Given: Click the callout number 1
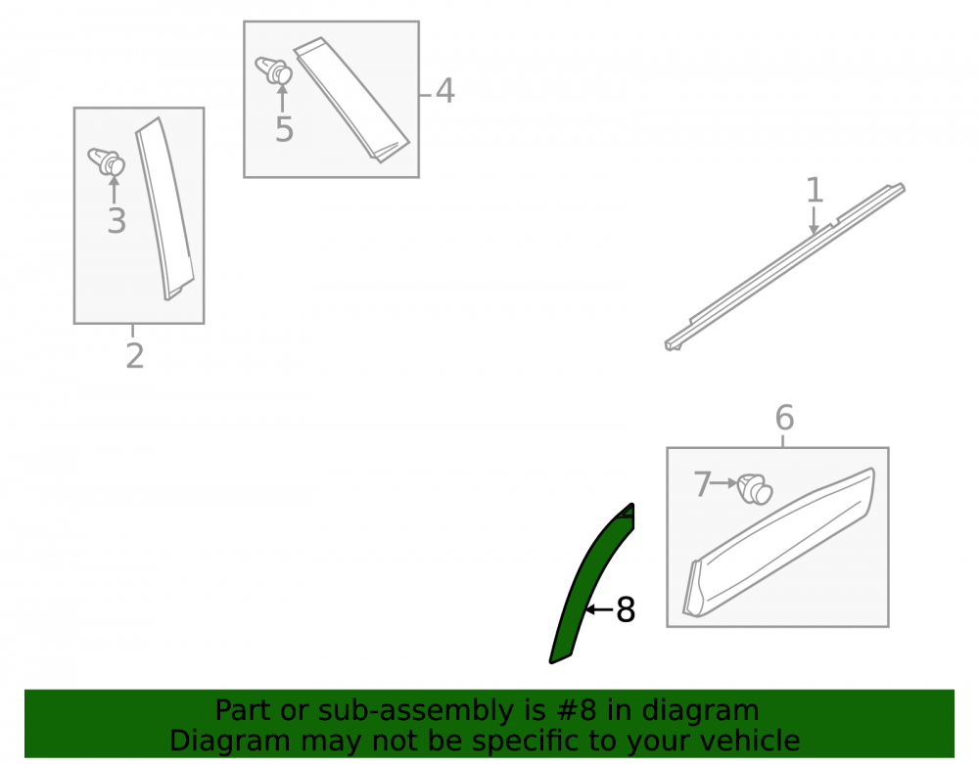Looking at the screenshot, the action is click(x=815, y=190).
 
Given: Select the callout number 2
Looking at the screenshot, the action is click(x=135, y=355).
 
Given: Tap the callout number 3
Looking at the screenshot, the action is click(x=117, y=221).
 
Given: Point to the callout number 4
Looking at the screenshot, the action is click(x=444, y=91).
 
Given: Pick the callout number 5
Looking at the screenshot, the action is click(x=284, y=130).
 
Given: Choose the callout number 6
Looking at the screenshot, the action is click(x=785, y=418).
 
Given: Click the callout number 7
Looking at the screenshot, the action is click(x=702, y=483).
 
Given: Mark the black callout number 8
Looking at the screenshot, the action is click(x=626, y=610).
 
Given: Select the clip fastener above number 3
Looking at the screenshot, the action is click(x=107, y=160).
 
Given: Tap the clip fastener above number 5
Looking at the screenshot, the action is click(x=274, y=69).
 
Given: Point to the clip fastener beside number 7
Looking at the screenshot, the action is click(x=755, y=489).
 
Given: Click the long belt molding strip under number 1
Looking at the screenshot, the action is click(x=785, y=266).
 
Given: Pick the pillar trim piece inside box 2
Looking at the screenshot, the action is click(x=163, y=209).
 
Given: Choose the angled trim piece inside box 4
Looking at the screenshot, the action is click(x=350, y=99).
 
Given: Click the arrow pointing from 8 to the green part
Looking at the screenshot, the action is click(x=600, y=609).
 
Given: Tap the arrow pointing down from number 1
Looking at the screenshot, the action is click(x=814, y=221).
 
